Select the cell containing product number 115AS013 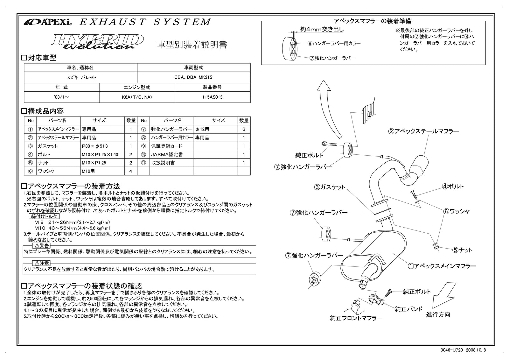[x=212, y=97]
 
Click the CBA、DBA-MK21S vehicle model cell [x=193, y=77]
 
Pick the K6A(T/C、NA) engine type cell [x=137, y=97]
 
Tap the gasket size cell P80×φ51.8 [x=102, y=146]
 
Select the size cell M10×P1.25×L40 [x=102, y=154]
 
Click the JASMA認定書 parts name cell [x=171, y=154]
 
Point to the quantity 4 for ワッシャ [x=130, y=171]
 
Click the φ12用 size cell [x=215, y=129]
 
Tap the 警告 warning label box [x=42, y=246]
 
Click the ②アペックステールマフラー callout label [x=423, y=131]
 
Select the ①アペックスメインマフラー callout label [x=442, y=266]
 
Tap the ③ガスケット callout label [x=330, y=187]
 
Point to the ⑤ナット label [x=462, y=250]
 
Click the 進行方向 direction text [x=438, y=314]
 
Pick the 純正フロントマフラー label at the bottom [x=356, y=318]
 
